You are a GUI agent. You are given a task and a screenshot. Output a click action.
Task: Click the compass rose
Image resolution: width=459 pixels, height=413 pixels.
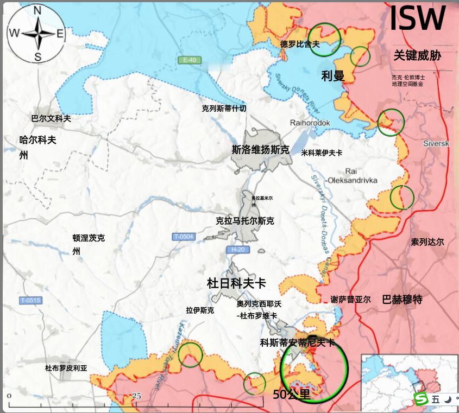pyautogui.click(x=36, y=34)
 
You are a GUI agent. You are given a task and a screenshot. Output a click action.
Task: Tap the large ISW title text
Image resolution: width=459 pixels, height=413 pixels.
pyautogui.click(x=417, y=18)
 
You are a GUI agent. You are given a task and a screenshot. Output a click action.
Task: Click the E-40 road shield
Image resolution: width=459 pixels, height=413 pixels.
pyautogui.click(x=189, y=60)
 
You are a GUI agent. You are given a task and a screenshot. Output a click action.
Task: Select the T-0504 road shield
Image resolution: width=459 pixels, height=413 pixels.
pyautogui.click(x=184, y=237)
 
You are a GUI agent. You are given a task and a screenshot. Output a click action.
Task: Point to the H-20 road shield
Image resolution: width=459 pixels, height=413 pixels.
pyautogui.click(x=238, y=250)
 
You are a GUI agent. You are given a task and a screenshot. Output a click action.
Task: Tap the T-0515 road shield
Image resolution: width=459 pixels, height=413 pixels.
pyautogui.click(x=30, y=301)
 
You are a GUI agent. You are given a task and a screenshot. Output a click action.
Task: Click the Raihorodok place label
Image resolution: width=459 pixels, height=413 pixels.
pyautogui.click(x=310, y=123)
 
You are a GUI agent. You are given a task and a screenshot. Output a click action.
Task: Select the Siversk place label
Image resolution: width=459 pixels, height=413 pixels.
pyautogui.click(x=436, y=143)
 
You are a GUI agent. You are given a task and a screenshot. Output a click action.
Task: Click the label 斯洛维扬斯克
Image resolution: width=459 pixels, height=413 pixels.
pyautogui.click(x=260, y=150)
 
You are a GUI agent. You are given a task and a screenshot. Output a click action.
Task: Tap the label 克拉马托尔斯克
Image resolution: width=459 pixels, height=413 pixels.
pyautogui.click(x=244, y=221)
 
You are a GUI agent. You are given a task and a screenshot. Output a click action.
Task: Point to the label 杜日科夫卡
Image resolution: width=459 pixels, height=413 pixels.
pyautogui.click(x=236, y=283)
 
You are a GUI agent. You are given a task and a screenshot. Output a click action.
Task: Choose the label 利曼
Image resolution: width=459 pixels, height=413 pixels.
pyautogui.click(x=332, y=76)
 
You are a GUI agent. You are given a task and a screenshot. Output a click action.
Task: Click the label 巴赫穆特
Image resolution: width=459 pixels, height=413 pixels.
pyautogui.click(x=402, y=299)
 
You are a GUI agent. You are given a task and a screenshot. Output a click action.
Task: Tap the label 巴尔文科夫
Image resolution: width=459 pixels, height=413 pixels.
pyautogui.click(x=51, y=118)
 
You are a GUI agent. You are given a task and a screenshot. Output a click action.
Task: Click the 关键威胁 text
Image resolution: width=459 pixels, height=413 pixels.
pyautogui.click(x=417, y=55)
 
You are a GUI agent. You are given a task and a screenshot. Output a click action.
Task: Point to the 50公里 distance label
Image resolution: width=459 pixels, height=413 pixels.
pyautogui.click(x=292, y=395)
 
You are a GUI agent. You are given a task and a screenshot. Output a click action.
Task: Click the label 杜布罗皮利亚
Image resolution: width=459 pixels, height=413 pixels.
pyautogui.click(x=66, y=368)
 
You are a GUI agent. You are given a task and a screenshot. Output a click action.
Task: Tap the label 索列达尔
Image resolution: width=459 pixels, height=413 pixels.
pyautogui.click(x=427, y=242)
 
